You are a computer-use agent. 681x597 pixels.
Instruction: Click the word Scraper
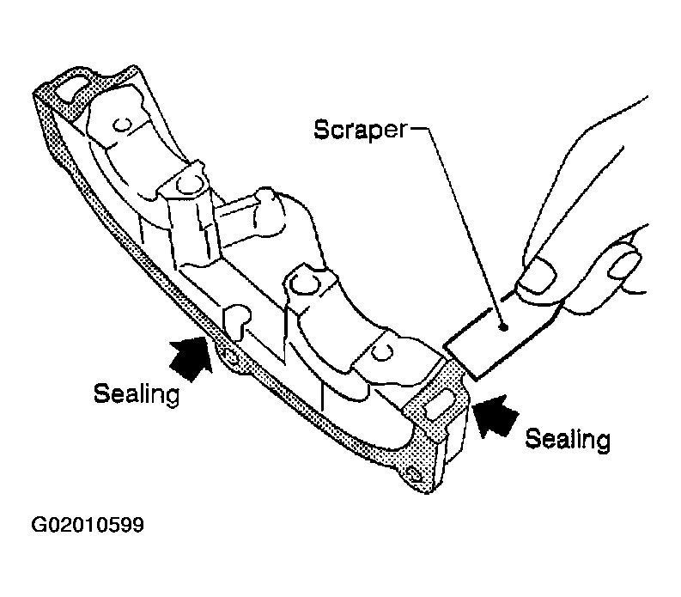pos(361,130)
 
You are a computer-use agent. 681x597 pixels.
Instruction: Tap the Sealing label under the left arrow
pos(137,394)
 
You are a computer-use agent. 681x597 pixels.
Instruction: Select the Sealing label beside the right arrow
pos(568,439)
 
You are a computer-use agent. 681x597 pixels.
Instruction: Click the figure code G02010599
pos(88,525)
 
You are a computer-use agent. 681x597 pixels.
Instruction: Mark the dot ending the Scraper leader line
pos(503,327)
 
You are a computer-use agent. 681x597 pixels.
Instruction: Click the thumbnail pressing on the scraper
pos(538,276)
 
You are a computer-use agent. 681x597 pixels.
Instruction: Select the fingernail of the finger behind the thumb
pos(624,265)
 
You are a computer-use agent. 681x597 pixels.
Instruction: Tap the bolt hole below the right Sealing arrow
pos(415,474)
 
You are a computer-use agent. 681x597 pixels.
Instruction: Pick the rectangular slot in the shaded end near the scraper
pos(439,404)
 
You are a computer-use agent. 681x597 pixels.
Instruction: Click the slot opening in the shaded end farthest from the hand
pos(73,90)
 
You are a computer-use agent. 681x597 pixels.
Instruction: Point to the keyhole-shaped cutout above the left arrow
pos(236,320)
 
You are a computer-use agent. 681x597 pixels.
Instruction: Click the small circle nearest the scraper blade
pos(381,352)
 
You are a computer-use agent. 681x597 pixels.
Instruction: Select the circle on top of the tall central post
pos(188,185)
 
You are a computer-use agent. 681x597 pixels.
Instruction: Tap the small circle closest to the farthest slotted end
pos(121,126)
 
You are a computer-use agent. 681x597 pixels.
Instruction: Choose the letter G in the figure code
pos(39,525)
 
